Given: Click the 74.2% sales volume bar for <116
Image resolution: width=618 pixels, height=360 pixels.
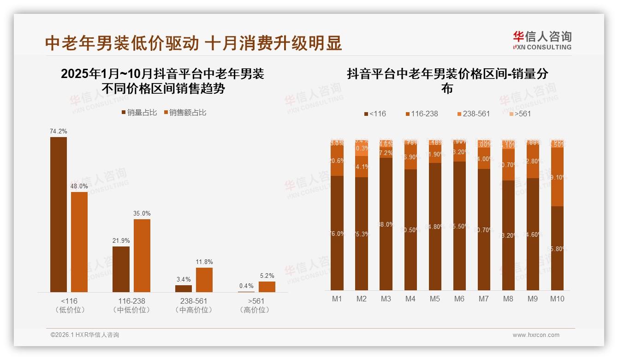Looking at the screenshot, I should [x=59, y=214].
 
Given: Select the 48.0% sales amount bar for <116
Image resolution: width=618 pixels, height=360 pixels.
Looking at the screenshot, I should [x=79, y=242].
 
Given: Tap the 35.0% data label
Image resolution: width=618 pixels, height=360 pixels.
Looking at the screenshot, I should [x=142, y=214].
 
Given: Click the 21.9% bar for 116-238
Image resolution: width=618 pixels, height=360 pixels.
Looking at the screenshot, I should [x=121, y=269].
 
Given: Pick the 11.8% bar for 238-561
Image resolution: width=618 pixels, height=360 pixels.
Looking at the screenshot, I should [x=204, y=280].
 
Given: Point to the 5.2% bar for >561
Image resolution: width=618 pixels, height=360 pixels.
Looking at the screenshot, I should [x=267, y=287].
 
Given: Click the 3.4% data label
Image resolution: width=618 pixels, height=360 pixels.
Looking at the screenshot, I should [x=184, y=279].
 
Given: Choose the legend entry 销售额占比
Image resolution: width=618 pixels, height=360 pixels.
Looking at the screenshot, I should [x=184, y=113].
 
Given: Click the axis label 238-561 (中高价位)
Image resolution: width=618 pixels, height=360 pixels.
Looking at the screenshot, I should [x=194, y=306].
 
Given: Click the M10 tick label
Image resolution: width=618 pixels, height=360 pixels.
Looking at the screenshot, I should [x=557, y=299].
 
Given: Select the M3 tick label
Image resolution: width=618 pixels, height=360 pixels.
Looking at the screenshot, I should [x=386, y=299].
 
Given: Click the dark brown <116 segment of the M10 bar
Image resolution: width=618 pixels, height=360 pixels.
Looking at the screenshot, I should [x=557, y=248].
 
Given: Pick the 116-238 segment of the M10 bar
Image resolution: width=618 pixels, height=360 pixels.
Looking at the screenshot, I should [x=557, y=177].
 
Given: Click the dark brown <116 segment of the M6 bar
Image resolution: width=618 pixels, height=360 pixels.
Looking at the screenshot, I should [x=459, y=226].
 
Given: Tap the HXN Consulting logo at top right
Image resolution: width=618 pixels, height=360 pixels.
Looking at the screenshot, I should [x=542, y=40].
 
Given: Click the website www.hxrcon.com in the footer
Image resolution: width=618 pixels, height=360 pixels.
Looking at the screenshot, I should [x=536, y=335].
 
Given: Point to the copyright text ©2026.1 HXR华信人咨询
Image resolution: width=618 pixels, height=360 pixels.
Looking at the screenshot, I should [x=85, y=335].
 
